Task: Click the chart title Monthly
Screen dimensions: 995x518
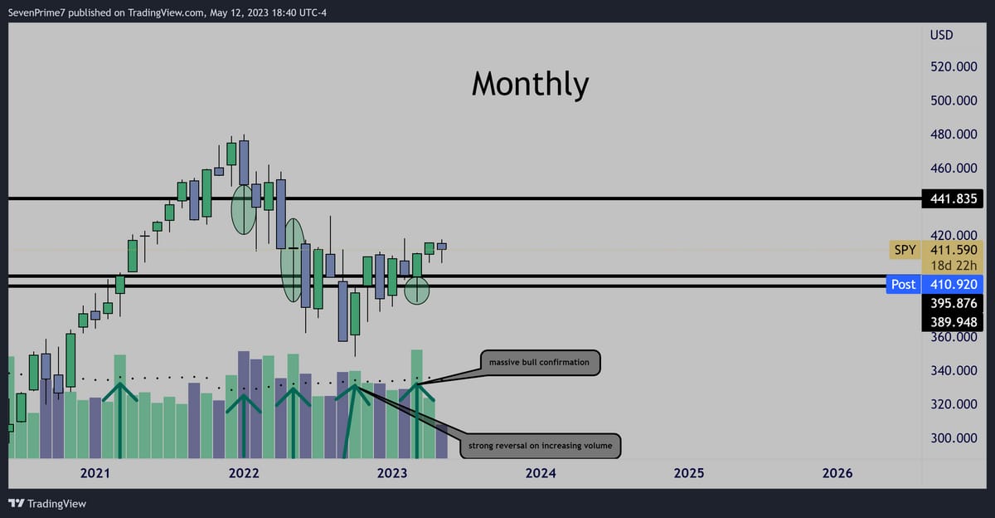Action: point(531,85)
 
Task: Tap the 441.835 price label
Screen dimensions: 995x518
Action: point(953,198)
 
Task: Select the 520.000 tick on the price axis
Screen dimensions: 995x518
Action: point(954,66)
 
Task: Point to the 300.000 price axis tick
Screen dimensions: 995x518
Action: point(954,438)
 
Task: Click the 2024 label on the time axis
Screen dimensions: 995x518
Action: point(541,472)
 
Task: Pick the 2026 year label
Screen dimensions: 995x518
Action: point(837,472)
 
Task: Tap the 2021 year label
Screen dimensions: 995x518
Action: point(95,472)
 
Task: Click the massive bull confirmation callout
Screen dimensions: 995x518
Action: point(540,363)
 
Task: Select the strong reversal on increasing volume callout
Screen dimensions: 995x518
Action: point(540,446)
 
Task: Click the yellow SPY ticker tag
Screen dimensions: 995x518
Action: point(905,250)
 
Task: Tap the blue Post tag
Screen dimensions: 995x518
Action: point(904,284)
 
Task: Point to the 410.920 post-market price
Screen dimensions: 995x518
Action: point(953,284)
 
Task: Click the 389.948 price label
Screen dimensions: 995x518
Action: point(953,322)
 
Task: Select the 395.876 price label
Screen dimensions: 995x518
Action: point(953,303)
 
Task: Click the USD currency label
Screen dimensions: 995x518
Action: point(941,35)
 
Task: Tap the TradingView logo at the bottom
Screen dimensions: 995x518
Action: point(47,503)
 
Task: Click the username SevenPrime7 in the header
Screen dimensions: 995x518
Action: point(36,12)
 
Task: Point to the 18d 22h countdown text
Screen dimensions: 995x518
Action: point(954,266)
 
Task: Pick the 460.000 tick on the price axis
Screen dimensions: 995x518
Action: point(954,168)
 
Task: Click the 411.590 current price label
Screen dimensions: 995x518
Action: point(954,250)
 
